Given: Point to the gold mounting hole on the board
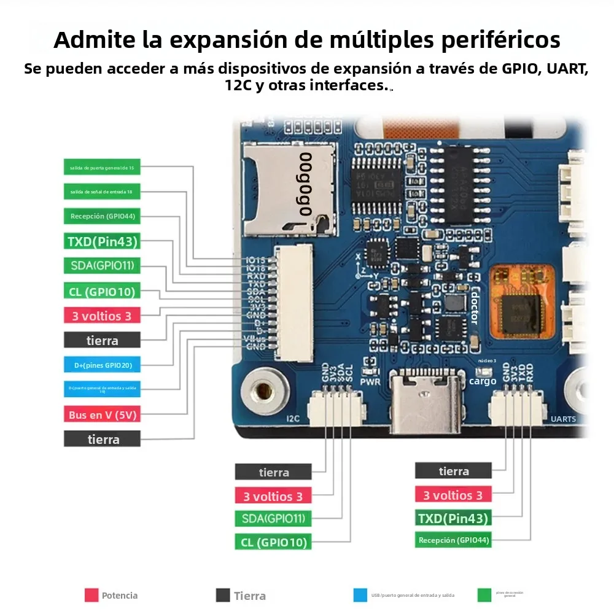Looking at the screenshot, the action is point(264,391).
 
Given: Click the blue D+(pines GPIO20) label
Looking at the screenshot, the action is point(103,365).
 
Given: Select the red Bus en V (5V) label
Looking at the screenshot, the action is point(103,414).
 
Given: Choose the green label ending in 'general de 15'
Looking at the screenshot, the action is point(103,167).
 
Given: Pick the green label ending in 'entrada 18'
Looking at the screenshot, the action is point(103,192).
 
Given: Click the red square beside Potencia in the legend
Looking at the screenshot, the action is point(91,595).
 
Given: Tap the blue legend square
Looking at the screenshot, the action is point(360,595).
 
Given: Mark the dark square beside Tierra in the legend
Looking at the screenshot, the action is point(223,595).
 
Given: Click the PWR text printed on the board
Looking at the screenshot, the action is point(370,381).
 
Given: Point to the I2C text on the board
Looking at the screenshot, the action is point(293,419).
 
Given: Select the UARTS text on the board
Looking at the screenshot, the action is point(563,419).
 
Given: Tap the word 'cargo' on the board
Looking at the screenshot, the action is point(483,381).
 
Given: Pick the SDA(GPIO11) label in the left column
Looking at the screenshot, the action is point(103,266).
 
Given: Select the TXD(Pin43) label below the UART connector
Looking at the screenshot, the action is point(453,518).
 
